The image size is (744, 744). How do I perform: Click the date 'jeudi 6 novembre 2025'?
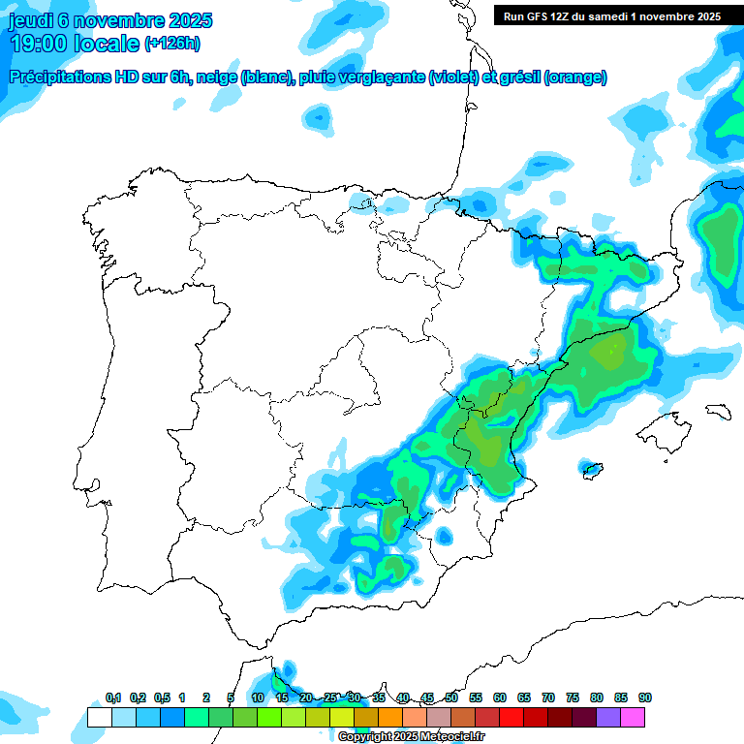(x=110, y=20)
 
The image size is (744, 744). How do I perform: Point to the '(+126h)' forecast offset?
(x=172, y=44)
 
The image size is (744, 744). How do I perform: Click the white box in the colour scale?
(x=99, y=718)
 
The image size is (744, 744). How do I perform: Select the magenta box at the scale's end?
(x=633, y=718)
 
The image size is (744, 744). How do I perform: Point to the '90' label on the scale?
(x=645, y=697)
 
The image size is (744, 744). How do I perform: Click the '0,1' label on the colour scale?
(x=113, y=697)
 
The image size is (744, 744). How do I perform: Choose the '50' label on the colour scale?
(x=451, y=697)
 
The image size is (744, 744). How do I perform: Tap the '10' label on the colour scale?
(x=258, y=697)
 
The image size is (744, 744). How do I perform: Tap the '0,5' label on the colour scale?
(x=162, y=697)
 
